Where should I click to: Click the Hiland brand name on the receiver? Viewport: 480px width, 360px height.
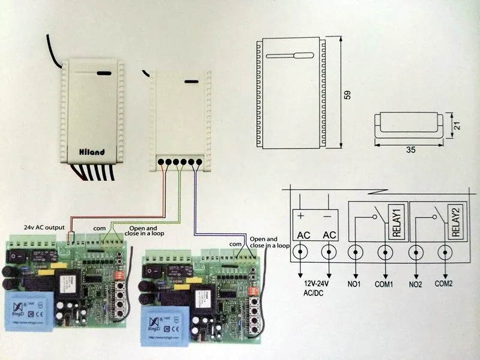pos(92,152)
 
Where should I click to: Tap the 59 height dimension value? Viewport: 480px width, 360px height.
pos(347,94)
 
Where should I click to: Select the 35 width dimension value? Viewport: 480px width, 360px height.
pos(412,150)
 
